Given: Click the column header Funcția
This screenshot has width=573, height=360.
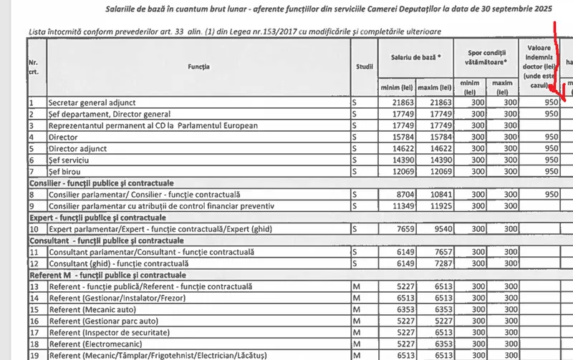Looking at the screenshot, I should point(199,67).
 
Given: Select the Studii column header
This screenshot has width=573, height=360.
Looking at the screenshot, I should point(364,67).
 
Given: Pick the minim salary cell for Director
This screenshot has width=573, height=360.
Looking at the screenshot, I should point(398,137).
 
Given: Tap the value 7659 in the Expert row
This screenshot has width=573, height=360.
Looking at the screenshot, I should point(398,229).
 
